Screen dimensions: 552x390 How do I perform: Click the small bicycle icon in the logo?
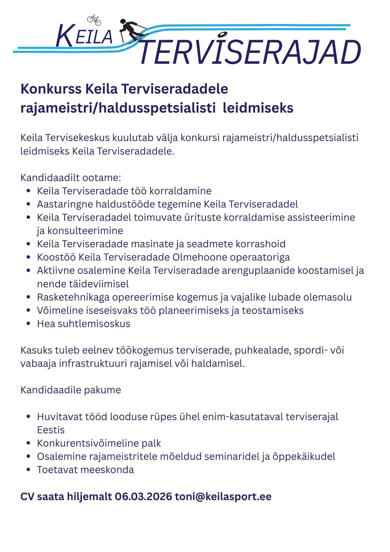(94, 20)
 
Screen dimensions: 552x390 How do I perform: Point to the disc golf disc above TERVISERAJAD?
(222, 34)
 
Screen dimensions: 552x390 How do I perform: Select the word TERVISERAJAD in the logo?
(250, 52)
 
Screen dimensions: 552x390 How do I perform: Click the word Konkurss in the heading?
(51, 89)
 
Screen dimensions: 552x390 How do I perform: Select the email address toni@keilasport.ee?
(223, 496)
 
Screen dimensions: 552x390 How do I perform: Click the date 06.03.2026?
(143, 496)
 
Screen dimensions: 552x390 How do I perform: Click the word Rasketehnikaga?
(73, 297)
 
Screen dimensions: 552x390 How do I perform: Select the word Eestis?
(51, 430)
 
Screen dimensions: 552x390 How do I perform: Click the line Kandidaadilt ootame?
(71, 178)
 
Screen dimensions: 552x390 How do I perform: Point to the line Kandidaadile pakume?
(71, 390)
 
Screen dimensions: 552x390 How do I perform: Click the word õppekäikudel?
(304, 457)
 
